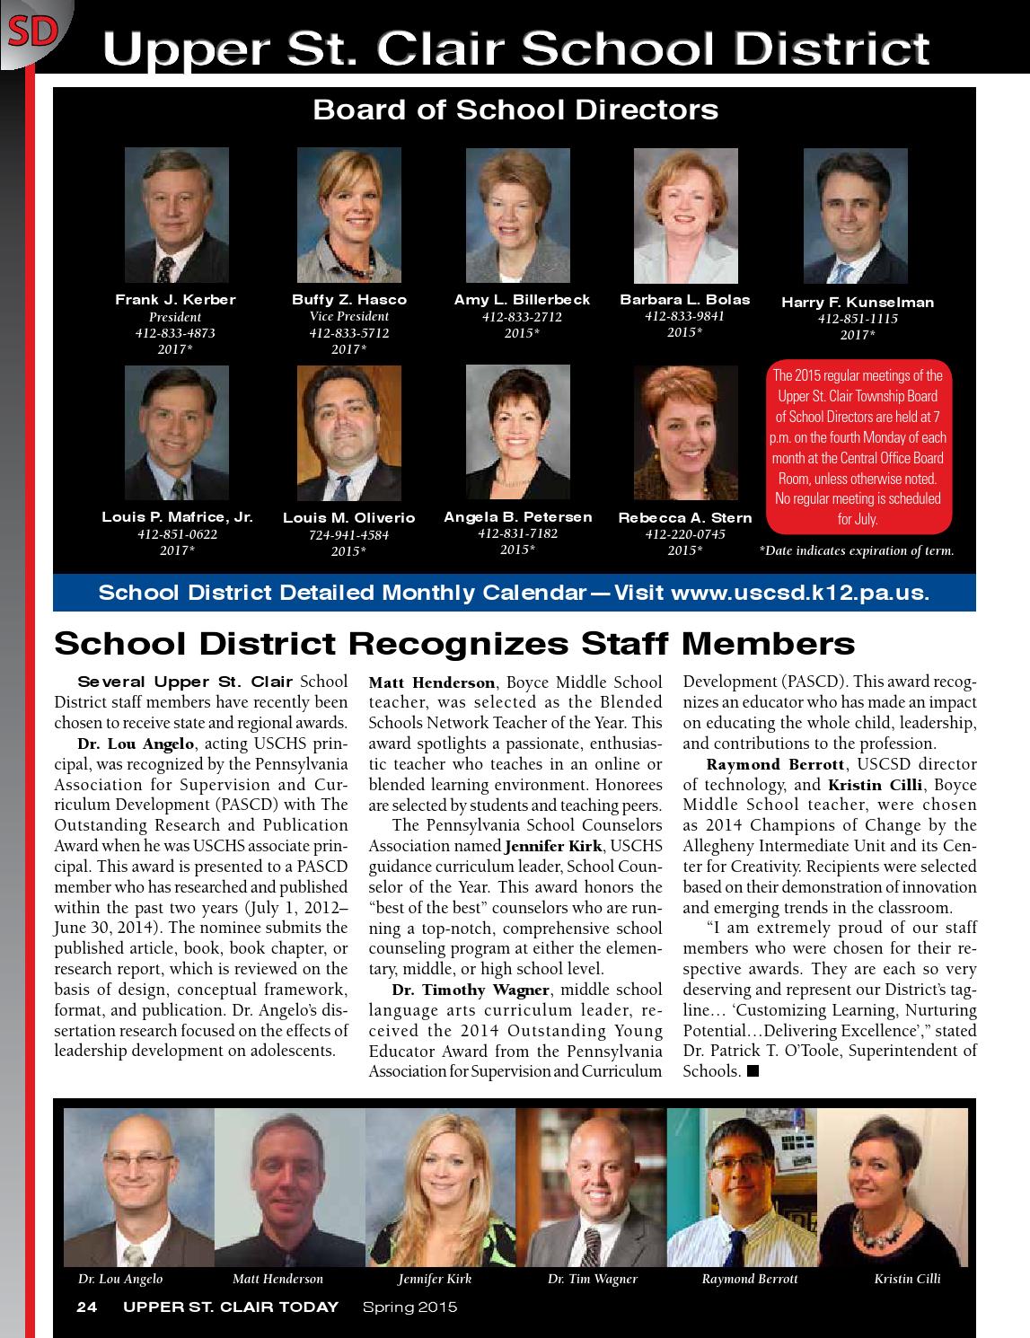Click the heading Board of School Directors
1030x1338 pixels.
tap(515, 110)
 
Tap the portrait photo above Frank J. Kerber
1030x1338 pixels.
tap(176, 216)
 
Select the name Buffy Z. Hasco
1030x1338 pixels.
tap(348, 300)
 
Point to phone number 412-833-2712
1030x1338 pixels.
tap(521, 317)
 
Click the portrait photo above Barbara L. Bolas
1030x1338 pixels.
tap(685, 216)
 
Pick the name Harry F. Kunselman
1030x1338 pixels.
tap(857, 303)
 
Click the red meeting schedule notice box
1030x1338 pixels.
tap(858, 447)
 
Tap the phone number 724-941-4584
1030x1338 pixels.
tap(348, 535)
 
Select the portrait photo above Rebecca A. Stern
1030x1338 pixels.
tap(685, 433)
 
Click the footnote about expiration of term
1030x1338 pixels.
tap(856, 551)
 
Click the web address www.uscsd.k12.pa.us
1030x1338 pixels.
tap(799, 593)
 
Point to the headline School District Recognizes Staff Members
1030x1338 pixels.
tap(454, 643)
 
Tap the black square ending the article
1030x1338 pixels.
tap(753, 1070)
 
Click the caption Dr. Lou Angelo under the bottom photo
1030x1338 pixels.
tap(120, 1279)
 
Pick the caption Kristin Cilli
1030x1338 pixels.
tap(907, 1279)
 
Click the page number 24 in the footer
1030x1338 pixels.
tap(86, 1307)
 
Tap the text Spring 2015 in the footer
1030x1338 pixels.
tap(409, 1307)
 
